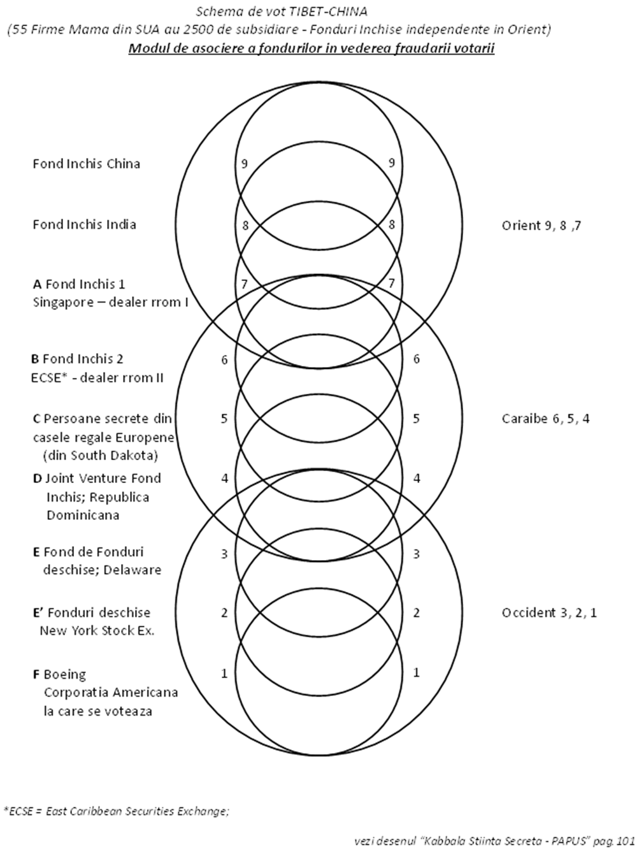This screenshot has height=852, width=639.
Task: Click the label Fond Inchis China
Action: [x=86, y=164]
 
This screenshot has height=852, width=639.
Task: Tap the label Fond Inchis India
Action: [x=84, y=224]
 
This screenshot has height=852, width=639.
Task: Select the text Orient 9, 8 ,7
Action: [x=541, y=226]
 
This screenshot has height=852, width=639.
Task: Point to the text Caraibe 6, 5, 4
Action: [x=546, y=419]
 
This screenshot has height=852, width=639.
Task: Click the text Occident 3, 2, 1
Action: [x=549, y=613]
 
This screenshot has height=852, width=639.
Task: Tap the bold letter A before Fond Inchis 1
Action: [x=38, y=284]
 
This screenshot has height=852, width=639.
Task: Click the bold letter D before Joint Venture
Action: [x=37, y=479]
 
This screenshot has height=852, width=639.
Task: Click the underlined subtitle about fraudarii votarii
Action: [x=312, y=49]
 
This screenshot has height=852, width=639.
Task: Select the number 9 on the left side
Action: [x=245, y=163]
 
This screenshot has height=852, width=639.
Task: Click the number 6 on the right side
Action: [x=417, y=359]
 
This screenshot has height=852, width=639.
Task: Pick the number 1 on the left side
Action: [x=224, y=673]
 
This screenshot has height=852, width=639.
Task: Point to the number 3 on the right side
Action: [x=417, y=554]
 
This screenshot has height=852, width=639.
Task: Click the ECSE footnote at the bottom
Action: [x=116, y=811]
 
